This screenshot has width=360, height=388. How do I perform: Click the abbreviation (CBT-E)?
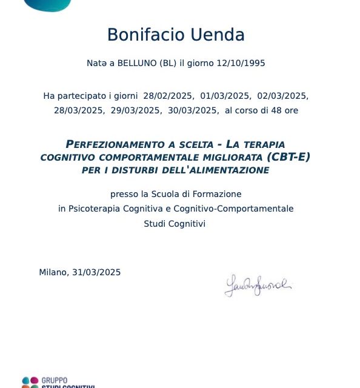288,158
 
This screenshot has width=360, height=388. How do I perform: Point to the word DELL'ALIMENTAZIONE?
215,170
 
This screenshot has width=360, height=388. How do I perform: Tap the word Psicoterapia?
95,209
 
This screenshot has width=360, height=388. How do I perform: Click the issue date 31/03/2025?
96,272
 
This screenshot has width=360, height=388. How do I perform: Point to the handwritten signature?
258,285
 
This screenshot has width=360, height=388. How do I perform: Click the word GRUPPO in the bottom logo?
55,380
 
